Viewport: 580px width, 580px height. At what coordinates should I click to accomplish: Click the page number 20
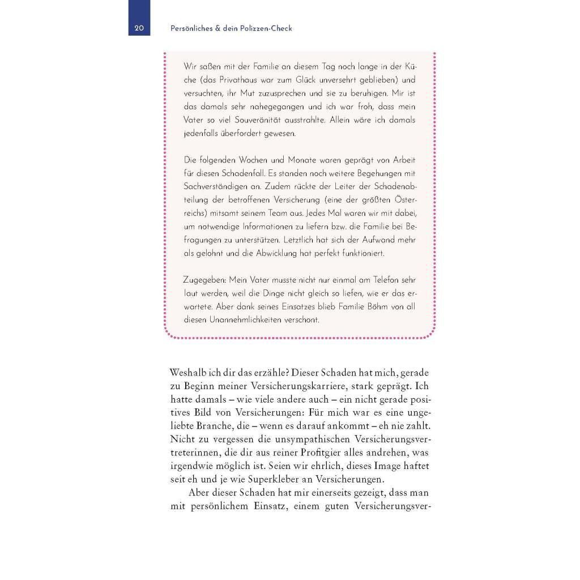click(139, 28)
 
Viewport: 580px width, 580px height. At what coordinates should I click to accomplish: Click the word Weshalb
click(188, 373)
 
